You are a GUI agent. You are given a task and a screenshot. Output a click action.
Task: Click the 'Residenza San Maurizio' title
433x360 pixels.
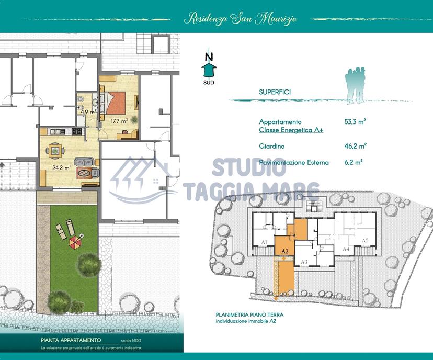tap(240, 19)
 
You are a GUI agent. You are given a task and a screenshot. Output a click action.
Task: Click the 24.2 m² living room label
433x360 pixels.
tap(62, 167)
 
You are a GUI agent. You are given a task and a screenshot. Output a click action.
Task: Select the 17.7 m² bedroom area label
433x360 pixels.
tap(119, 121)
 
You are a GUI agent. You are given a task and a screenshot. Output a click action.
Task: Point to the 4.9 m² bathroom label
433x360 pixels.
tap(88, 112)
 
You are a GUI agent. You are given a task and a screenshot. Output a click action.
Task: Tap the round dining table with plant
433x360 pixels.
tap(55, 151)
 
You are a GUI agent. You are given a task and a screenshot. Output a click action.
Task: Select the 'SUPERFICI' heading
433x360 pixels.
tap(275, 92)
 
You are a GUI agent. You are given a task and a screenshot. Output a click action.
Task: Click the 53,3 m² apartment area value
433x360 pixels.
tap(355, 121)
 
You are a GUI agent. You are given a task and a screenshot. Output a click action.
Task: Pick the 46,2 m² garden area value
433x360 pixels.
tap(356, 145)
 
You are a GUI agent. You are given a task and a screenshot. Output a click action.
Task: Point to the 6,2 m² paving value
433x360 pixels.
tap(354, 162)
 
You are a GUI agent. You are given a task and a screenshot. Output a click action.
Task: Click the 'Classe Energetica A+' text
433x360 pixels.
tap(291, 130)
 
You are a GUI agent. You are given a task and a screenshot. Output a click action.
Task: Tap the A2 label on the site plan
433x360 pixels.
tap(285, 251)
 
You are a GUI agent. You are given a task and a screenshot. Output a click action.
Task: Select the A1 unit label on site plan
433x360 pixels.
tap(264, 242)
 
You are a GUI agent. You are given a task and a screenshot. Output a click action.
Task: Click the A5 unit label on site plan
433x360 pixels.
tap(365, 240)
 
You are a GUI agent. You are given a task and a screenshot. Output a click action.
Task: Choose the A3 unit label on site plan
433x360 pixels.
tap(304, 262)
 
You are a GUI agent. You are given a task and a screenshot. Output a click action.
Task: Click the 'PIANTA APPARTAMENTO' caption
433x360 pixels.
tap(71, 340)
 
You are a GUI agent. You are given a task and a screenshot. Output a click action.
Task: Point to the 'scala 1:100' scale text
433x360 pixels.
tap(131, 341)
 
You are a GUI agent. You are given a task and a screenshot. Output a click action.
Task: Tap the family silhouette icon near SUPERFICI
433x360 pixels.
tap(356, 86)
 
